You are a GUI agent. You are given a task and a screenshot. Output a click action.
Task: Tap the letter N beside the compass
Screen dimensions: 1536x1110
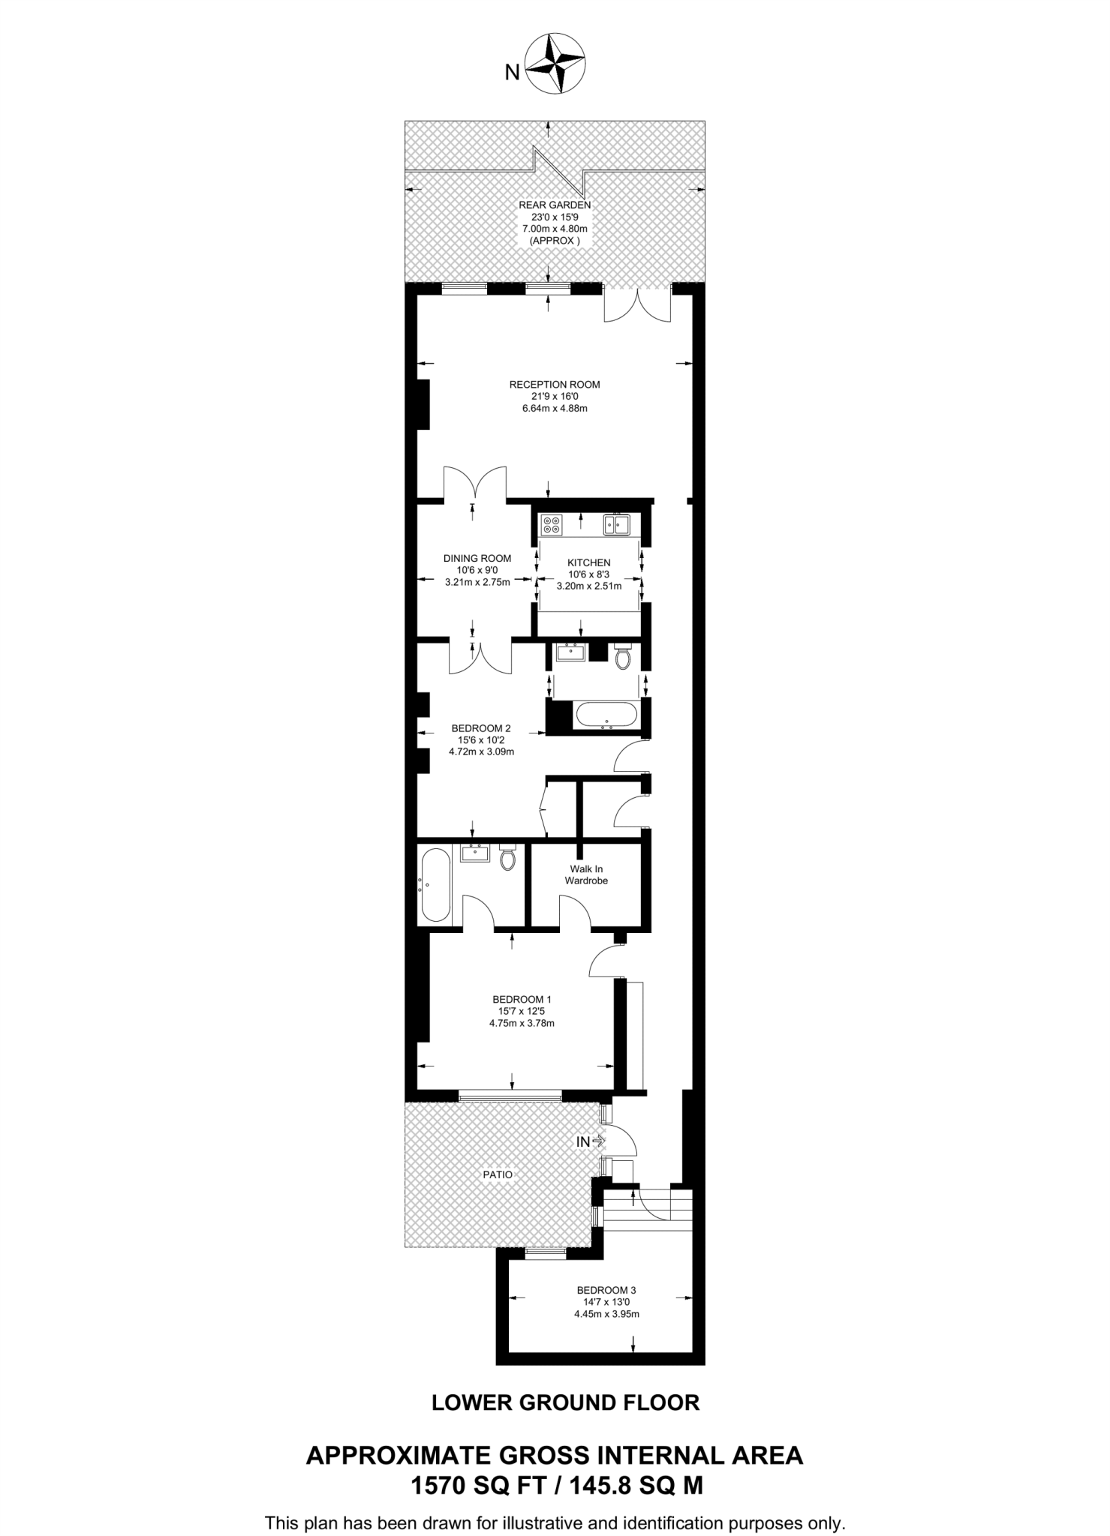[x=512, y=72]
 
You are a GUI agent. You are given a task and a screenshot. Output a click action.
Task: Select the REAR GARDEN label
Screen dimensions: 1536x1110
[x=555, y=205]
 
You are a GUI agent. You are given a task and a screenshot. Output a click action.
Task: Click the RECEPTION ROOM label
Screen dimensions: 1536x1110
[x=555, y=385]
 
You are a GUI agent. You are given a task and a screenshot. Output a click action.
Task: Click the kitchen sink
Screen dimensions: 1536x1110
[x=616, y=524]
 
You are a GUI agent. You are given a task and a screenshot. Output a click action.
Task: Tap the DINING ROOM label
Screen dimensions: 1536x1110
[x=477, y=558]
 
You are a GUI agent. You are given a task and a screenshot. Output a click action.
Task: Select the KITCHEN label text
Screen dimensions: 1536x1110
[x=588, y=562]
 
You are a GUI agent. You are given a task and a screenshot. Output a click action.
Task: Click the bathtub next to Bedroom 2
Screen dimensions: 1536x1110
[x=606, y=715]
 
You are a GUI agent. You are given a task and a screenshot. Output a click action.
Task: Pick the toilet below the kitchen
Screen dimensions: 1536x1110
[x=622, y=656]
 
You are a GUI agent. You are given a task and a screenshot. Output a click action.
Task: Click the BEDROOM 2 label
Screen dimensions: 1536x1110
[x=481, y=728]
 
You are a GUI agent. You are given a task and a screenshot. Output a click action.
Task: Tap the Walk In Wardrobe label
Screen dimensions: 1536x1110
[x=586, y=874]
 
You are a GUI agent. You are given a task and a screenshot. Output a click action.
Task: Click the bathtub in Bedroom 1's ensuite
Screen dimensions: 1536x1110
[x=436, y=885]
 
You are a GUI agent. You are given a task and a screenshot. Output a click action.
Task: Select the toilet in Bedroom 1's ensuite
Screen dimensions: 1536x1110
[x=508, y=856]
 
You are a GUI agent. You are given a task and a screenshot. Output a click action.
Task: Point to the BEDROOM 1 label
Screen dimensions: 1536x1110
[x=522, y=999]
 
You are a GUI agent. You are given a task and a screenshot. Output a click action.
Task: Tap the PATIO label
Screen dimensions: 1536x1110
[x=498, y=1174]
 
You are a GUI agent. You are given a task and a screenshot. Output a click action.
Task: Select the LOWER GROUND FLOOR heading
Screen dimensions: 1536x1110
[x=565, y=1402]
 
